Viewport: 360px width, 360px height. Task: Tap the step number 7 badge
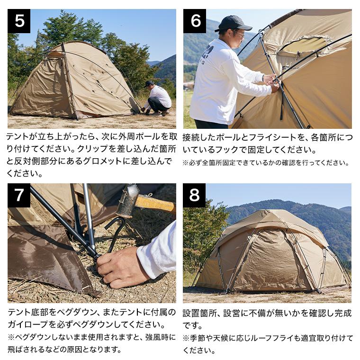[19, 195]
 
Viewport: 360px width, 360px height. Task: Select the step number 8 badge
[194, 195]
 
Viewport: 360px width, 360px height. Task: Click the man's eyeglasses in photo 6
[240, 34]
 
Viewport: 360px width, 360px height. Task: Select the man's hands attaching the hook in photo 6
[271, 82]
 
